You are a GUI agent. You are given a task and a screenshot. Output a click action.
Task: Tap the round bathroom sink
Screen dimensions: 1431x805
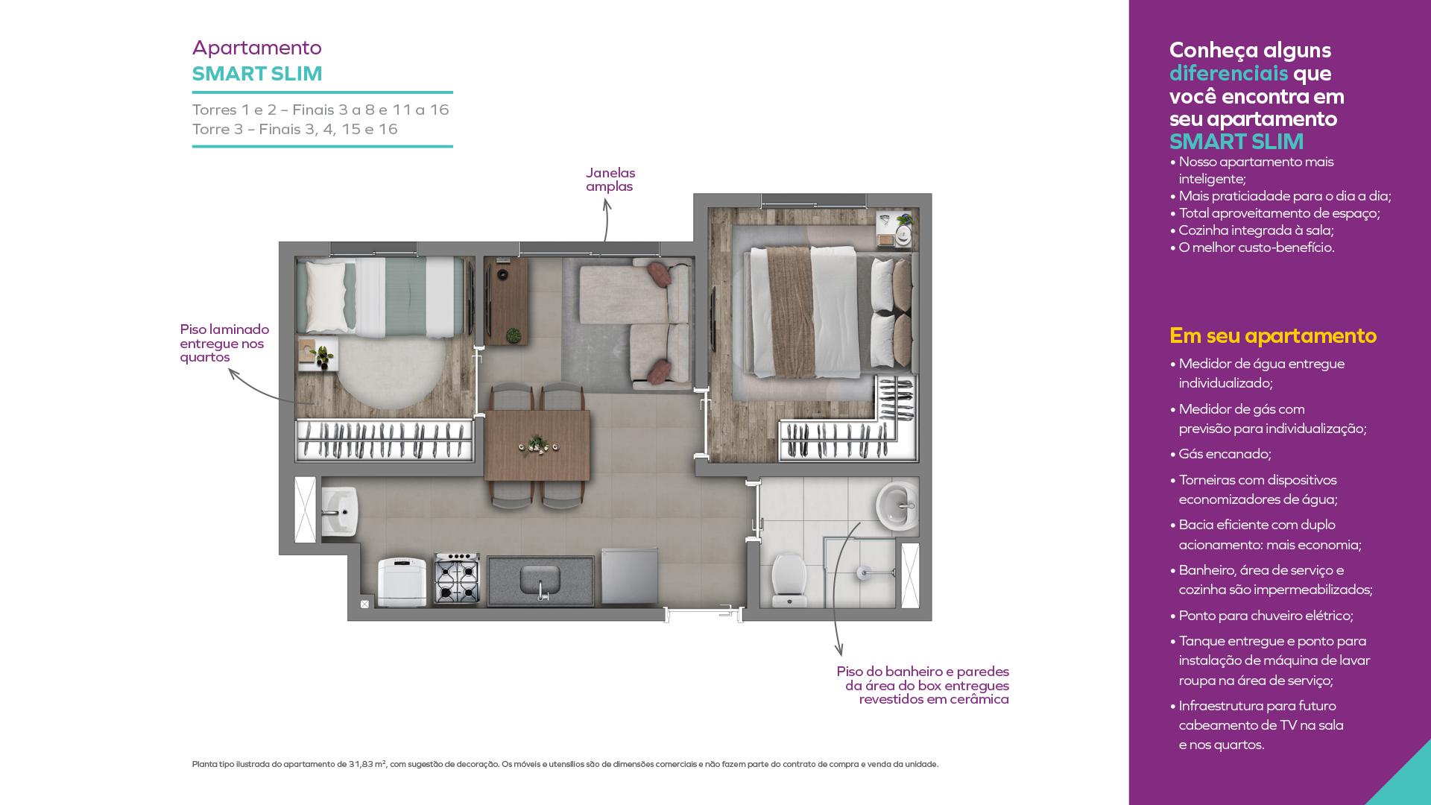click(x=897, y=506)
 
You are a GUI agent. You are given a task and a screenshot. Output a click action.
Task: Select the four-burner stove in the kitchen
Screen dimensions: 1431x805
click(x=456, y=578)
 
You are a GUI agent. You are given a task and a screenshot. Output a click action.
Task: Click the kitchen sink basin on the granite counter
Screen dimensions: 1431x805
click(x=540, y=579)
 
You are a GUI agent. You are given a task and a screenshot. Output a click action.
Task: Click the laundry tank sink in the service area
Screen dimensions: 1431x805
click(x=340, y=511)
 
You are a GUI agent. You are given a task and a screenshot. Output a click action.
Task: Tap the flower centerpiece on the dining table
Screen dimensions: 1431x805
click(x=537, y=445)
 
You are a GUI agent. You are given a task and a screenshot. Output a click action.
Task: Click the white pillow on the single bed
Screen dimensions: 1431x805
click(x=325, y=297)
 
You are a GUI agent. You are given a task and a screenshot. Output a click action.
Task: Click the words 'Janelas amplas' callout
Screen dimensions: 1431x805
click(x=610, y=180)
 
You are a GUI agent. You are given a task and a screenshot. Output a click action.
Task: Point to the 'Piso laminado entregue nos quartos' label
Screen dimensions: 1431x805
click(x=224, y=343)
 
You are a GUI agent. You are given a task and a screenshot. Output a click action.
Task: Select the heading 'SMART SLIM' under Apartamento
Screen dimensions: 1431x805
click(x=257, y=74)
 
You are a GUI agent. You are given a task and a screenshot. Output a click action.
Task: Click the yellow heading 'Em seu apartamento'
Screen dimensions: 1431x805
click(x=1273, y=336)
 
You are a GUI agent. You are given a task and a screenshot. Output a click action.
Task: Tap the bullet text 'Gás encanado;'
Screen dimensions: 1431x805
click(x=1225, y=454)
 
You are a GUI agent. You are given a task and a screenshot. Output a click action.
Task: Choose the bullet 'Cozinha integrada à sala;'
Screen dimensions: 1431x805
click(x=1256, y=230)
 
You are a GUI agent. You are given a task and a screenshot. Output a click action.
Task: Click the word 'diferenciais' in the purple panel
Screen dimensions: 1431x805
click(x=1228, y=73)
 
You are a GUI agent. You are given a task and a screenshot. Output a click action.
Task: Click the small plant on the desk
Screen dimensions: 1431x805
click(x=514, y=335)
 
